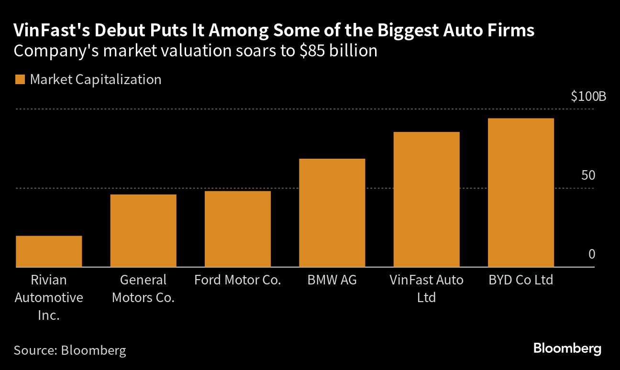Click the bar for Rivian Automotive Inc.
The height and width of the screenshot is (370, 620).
[x=49, y=251]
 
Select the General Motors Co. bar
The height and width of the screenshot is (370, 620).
[x=143, y=231]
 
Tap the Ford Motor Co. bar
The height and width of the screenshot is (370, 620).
[x=238, y=229]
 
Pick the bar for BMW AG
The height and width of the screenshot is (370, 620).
[x=332, y=213]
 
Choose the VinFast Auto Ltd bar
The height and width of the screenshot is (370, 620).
[x=426, y=199]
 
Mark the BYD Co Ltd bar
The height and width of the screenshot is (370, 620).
[x=520, y=193]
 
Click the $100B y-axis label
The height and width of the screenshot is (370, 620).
[x=588, y=97]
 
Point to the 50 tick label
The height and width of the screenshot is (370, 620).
[x=588, y=175]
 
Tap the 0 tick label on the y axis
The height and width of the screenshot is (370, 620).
[x=592, y=254]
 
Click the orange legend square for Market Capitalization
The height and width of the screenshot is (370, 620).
[x=20, y=79]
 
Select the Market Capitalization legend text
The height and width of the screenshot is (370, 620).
[x=96, y=79]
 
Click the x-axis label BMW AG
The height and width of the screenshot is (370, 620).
[x=332, y=280]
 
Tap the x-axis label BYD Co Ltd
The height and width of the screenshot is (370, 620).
[x=520, y=280]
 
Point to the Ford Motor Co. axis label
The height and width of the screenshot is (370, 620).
[x=238, y=280]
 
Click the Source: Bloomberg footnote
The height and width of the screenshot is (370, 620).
[x=70, y=350]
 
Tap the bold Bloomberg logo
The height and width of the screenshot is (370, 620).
[x=567, y=348]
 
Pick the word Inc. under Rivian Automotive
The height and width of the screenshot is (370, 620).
[x=49, y=316]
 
